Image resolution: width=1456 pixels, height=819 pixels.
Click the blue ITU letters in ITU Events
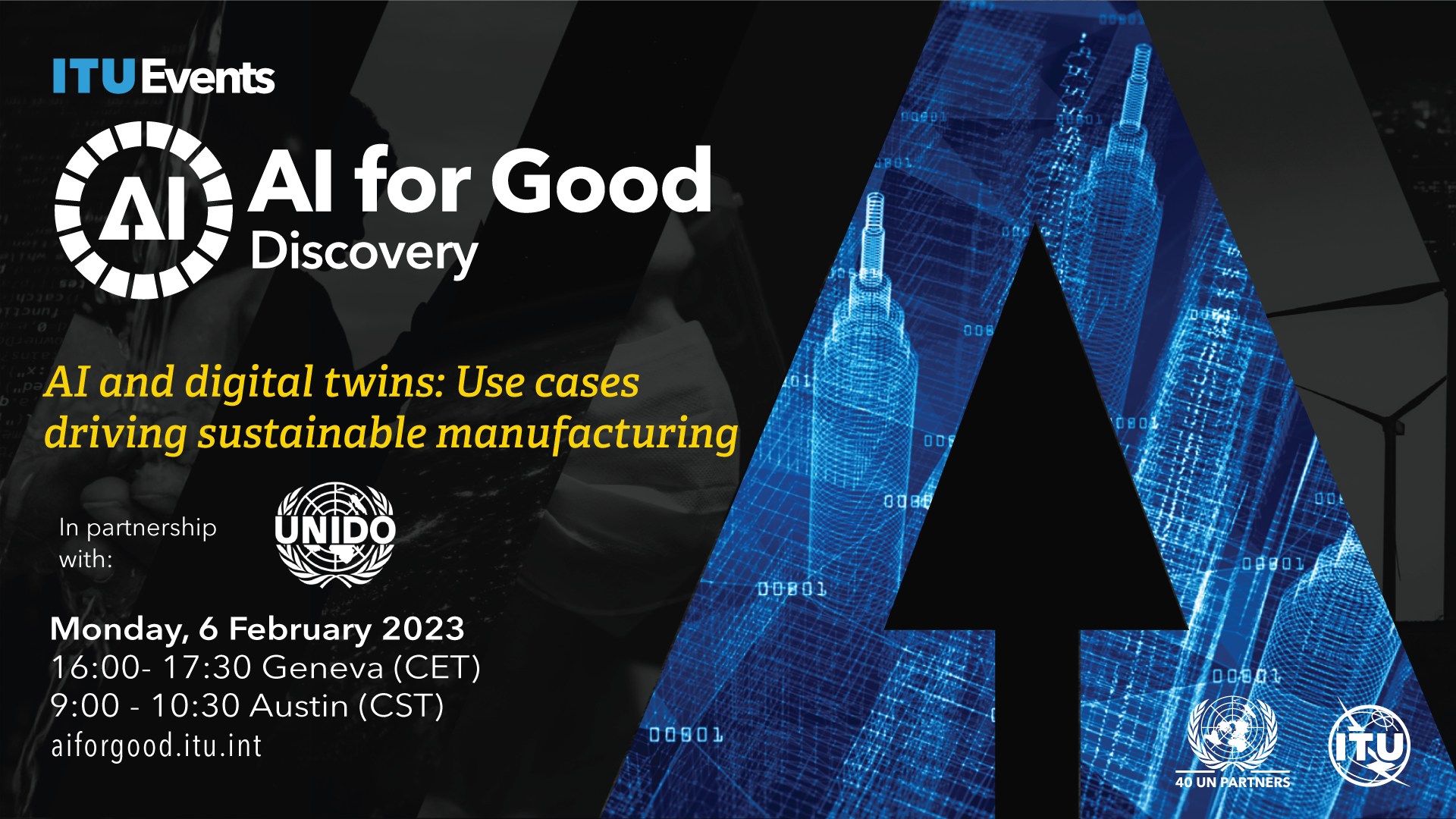tap(93, 76)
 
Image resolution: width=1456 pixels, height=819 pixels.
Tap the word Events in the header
tap(208, 77)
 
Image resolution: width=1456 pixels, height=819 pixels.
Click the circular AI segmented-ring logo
tap(143, 210)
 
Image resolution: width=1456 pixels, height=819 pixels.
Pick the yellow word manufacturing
tap(587, 434)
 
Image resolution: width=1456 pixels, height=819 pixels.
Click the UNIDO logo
tap(334, 535)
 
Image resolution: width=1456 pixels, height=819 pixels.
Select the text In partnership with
tap(137, 543)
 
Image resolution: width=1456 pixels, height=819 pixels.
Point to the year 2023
tap(423, 629)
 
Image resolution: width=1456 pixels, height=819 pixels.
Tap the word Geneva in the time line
tap(323, 668)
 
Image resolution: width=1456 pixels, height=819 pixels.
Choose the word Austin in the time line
tap(299, 706)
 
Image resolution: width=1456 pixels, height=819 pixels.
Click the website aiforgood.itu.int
tap(156, 746)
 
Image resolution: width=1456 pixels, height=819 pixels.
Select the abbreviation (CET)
tap(437, 668)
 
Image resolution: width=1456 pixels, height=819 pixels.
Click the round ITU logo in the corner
tap(1370, 745)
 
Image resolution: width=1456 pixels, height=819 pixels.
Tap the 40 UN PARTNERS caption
tap(1232, 782)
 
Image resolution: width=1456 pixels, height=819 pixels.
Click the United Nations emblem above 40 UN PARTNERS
tap(1232, 733)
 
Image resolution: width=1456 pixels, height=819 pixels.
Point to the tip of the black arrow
tap(1036, 224)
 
